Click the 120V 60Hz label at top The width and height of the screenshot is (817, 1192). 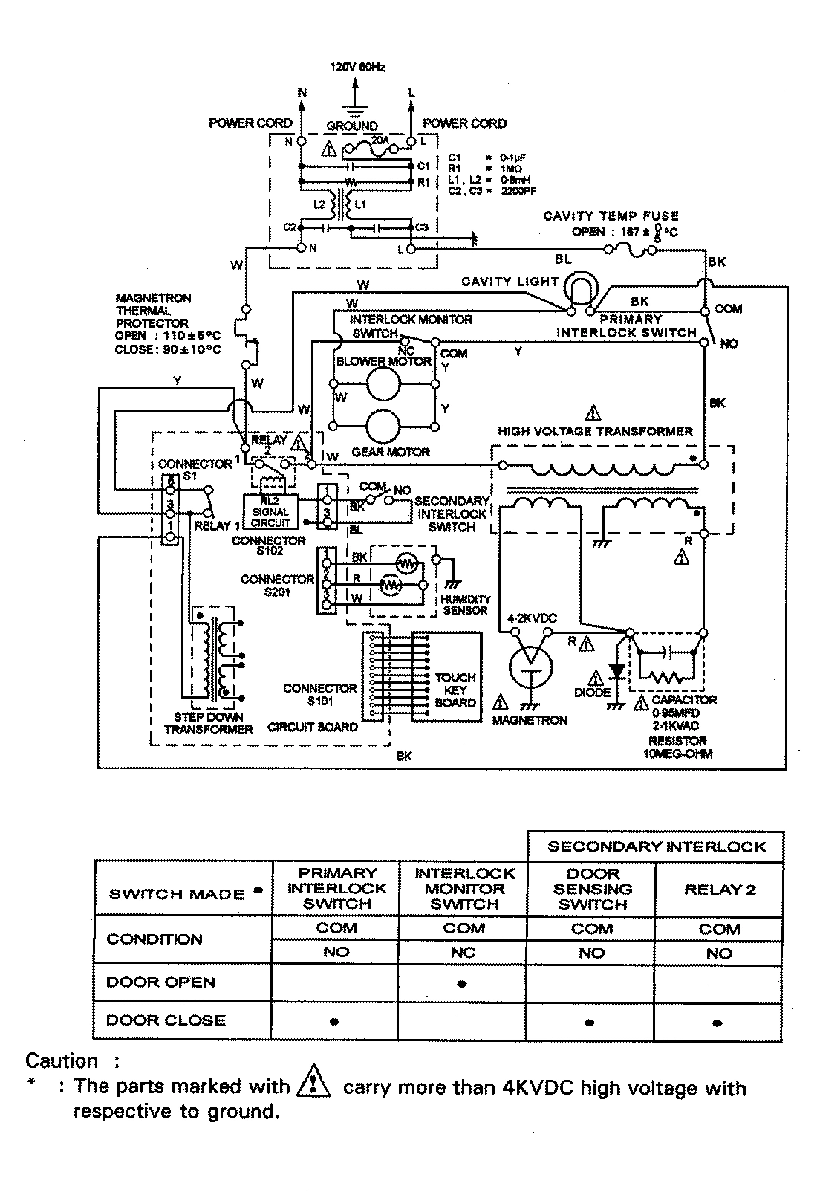[357, 67]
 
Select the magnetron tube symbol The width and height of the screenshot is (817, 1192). [531, 666]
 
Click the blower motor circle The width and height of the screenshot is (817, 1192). [383, 384]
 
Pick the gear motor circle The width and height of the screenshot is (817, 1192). [383, 426]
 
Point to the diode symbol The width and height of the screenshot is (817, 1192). [616, 671]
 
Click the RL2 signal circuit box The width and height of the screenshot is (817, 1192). [270, 511]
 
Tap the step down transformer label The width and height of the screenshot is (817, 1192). [208, 723]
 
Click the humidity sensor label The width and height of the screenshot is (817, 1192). [466, 604]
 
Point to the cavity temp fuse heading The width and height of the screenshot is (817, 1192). [611, 216]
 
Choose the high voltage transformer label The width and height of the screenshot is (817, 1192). [595, 431]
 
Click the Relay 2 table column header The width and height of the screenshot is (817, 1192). [719, 890]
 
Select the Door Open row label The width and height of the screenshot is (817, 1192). [160, 982]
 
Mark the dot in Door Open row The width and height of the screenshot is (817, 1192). [463, 984]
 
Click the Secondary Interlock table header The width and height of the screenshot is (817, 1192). [656, 846]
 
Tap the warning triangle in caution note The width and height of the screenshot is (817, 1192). [313, 1086]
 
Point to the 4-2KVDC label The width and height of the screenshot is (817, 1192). [532, 618]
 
